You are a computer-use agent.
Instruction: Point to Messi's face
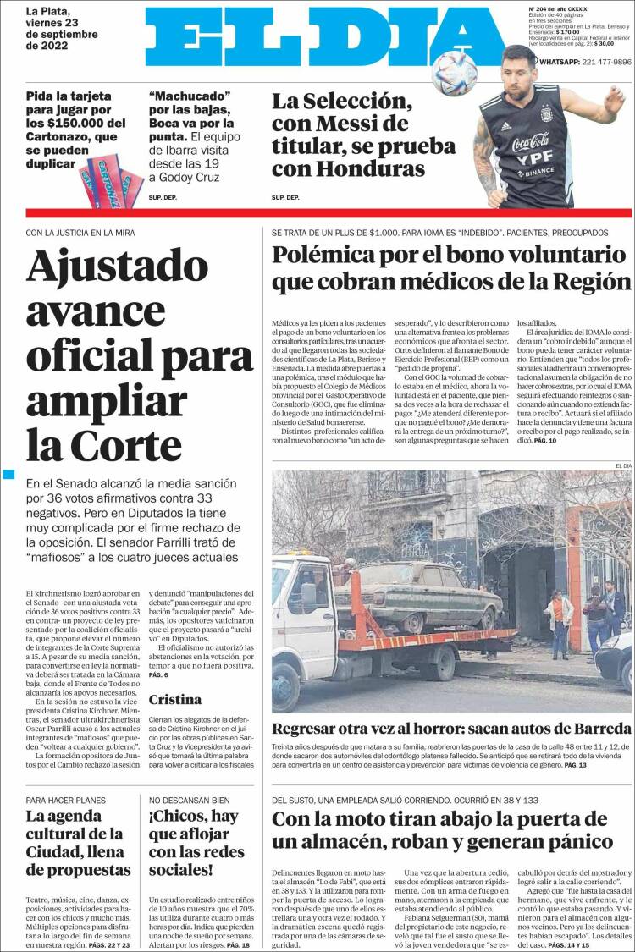pos(517,64)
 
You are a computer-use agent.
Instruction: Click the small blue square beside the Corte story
pos(9,475)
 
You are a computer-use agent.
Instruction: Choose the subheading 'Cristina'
pos(174,700)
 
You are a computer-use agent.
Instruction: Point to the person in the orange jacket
pos(560,614)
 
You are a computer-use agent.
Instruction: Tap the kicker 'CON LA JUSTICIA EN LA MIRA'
pos(80,232)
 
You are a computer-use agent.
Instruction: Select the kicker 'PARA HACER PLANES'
pos(72,800)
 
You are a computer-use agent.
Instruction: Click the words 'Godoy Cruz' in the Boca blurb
pos(185,178)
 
